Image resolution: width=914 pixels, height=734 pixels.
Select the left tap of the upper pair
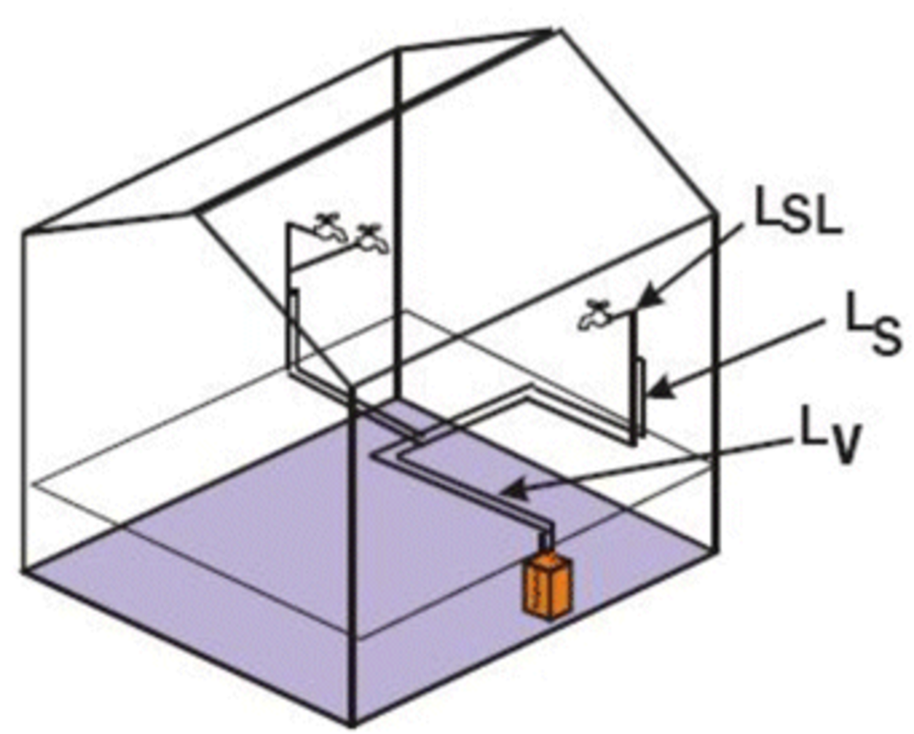(326, 226)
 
